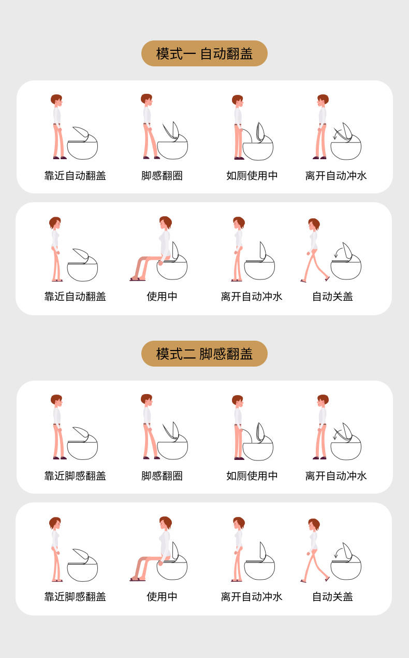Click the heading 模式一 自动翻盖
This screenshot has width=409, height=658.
[204, 54]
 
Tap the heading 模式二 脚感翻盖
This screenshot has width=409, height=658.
[204, 354]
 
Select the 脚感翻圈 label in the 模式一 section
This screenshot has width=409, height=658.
[162, 176]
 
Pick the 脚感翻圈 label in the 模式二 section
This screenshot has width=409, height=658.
[162, 476]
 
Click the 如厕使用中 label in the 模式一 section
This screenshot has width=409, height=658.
[252, 176]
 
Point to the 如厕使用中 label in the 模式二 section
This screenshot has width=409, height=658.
[252, 476]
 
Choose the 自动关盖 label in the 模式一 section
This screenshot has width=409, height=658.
[332, 297]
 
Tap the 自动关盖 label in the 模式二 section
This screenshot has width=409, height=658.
[332, 597]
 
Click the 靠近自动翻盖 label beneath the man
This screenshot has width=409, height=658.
[75, 176]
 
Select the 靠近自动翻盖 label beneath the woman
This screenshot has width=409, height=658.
[75, 297]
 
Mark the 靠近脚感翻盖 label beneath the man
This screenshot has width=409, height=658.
[75, 476]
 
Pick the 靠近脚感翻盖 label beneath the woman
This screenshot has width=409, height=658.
[75, 597]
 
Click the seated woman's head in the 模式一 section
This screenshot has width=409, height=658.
[166, 223]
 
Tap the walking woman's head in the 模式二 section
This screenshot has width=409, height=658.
[314, 525]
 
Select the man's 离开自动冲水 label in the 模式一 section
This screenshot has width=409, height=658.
[336, 176]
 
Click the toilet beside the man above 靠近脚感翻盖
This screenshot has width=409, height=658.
[82, 443]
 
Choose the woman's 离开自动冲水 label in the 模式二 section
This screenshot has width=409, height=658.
[252, 597]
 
